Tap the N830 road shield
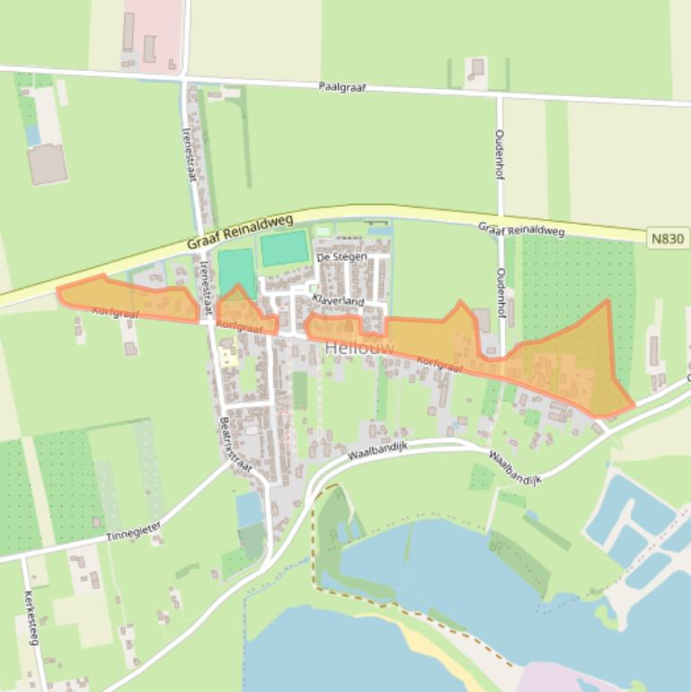pyautogui.click(x=668, y=238)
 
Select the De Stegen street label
pyautogui.click(x=341, y=257)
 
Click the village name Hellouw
pyautogui.click(x=359, y=347)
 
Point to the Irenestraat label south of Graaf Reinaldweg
pyautogui.click(x=205, y=282)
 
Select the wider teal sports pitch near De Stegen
pyautogui.click(x=284, y=248)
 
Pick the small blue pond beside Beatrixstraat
pyautogui.click(x=249, y=510)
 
